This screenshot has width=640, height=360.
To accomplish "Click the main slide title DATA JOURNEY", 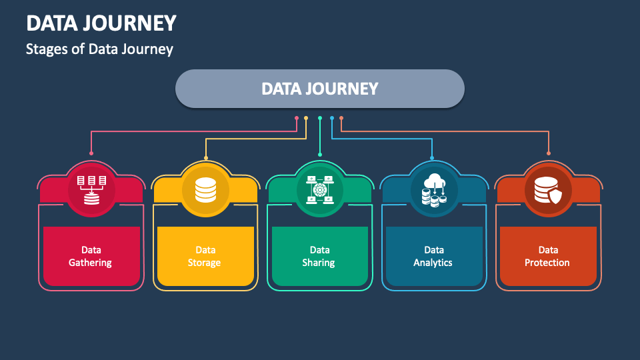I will [101, 23].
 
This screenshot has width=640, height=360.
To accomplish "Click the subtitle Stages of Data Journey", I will [99, 49].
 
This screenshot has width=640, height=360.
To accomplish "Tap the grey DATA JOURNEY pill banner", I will [319, 89].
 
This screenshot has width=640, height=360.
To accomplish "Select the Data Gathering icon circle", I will [91, 189].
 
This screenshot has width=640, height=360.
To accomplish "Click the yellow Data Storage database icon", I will [205, 189].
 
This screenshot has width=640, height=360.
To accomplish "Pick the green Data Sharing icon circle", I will [320, 189].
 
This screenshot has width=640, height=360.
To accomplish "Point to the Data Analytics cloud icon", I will [434, 189].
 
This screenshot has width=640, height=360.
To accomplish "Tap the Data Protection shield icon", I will [549, 189].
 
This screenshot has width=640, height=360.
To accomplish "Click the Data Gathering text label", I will [90, 256].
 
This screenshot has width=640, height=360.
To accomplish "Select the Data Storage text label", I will [205, 256].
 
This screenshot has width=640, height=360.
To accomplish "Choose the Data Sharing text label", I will [319, 256].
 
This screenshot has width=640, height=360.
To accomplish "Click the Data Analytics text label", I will [433, 256].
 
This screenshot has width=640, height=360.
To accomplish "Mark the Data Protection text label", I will [548, 256].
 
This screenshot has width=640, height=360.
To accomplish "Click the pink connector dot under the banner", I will [297, 118].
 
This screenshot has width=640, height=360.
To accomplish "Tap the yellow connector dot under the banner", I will [306, 118].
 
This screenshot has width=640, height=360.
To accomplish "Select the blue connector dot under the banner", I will [332, 118].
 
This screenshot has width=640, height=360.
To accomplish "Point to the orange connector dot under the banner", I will [341, 118].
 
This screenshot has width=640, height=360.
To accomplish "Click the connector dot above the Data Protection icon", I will [549, 153].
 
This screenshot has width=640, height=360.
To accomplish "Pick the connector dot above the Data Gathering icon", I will [91, 153].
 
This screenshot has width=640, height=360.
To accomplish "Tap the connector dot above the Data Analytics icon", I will [432, 158].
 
